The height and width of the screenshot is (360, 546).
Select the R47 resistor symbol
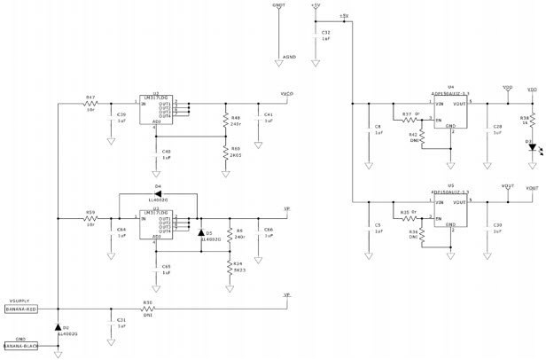90,105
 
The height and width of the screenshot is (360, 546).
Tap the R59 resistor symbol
90,217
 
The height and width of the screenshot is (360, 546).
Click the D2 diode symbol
58,327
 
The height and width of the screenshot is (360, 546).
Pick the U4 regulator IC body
449,113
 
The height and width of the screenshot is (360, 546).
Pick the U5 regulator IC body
449,212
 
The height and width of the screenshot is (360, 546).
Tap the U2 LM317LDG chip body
157,111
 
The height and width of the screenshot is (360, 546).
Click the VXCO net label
286,93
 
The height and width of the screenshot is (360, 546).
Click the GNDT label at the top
279,5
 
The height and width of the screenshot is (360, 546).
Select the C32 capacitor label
326,32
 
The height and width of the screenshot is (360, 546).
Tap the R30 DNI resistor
148,309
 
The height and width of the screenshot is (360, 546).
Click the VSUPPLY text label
19,301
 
